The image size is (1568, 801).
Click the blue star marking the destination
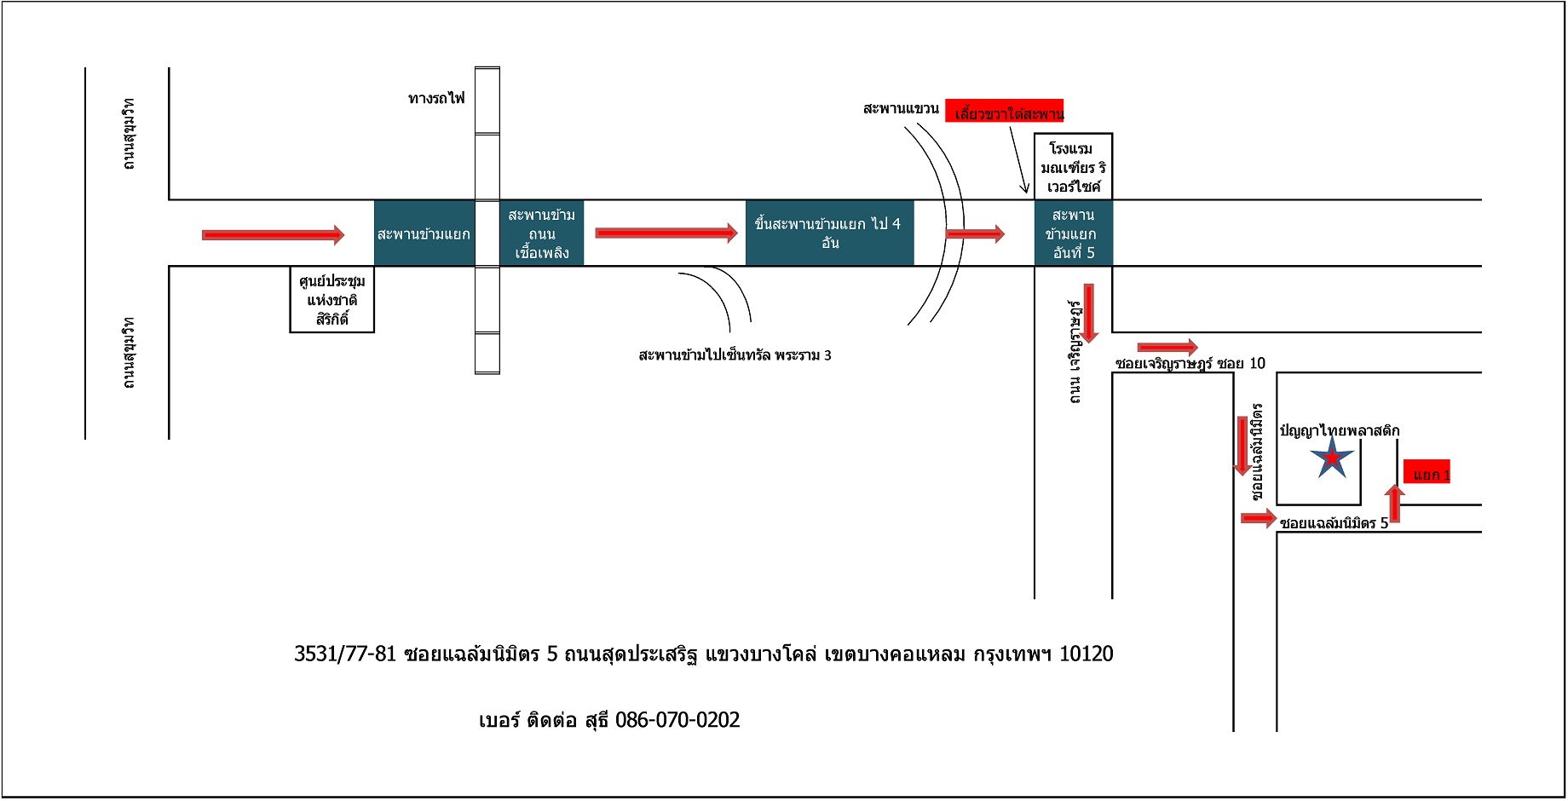1332,460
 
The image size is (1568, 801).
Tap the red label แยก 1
1427,475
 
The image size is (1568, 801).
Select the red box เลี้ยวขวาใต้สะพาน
1005,112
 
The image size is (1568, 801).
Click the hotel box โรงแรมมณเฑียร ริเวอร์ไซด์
1073,167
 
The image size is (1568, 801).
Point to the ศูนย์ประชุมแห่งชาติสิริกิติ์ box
331,300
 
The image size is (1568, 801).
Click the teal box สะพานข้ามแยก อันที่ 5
1073,233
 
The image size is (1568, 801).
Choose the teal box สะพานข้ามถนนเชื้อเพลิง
541,233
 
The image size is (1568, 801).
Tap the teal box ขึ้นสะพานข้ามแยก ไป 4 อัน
829,233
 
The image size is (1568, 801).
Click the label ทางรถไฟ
436,99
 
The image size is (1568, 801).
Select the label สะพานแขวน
901,109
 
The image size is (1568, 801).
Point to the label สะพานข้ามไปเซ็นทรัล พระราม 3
735,355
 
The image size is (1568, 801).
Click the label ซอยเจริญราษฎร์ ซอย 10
1190,364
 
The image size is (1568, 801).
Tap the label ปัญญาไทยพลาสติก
1339,430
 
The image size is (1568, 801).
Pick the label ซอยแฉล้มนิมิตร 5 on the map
1334,523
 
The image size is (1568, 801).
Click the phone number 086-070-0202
677,720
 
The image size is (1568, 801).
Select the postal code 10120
1086,654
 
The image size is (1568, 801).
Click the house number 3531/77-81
345,654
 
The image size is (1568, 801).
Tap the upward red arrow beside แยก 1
1394,503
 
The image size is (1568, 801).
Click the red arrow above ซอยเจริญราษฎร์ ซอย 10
1167,347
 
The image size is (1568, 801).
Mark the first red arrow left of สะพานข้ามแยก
273,234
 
